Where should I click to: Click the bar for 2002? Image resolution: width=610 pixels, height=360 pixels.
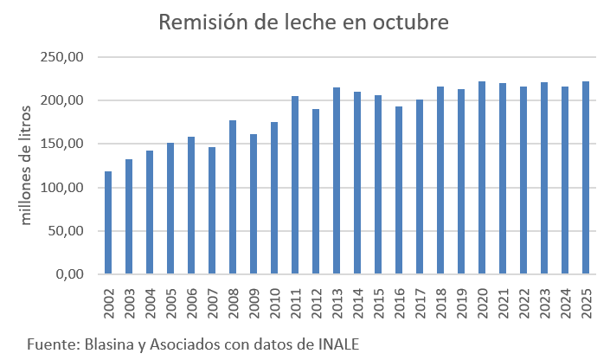(x=108, y=222)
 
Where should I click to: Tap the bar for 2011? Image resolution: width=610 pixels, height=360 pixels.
(x=295, y=185)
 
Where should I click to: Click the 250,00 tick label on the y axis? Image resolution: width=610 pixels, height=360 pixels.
(x=62, y=57)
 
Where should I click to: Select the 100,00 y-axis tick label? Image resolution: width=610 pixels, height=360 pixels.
(x=62, y=188)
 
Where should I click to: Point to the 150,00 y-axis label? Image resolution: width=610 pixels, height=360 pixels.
(x=62, y=145)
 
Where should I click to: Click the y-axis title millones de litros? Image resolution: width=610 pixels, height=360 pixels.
(x=26, y=164)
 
